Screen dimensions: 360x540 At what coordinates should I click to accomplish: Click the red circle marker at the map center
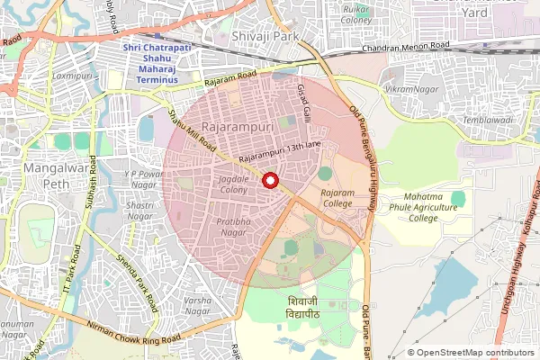pos(269,180)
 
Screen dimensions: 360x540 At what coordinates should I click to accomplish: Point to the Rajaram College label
pos(338,198)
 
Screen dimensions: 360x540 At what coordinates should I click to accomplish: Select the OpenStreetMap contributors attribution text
pos(475,353)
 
